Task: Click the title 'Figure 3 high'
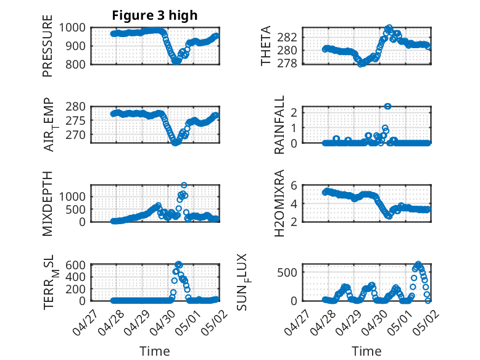(155, 15)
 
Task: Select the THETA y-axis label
(267, 46)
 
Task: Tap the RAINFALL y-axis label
(279, 125)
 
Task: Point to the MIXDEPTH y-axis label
(48, 203)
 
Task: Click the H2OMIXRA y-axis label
(279, 203)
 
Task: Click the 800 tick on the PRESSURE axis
(80, 64)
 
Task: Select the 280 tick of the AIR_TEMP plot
(80, 106)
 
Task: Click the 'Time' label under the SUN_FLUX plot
(366, 351)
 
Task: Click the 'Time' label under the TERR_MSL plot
(155, 351)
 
